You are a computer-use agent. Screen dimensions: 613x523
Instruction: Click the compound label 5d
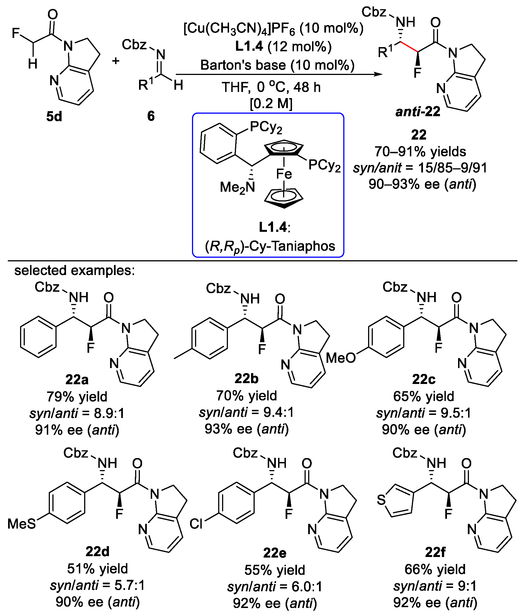tap(54, 116)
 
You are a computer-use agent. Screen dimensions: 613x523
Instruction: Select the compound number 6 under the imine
tap(151, 116)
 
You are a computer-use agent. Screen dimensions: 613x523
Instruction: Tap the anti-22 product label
tap(418, 112)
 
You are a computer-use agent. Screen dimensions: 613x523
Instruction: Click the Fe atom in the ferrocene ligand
tap(284, 174)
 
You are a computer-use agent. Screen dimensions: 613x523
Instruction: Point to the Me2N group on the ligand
tap(237, 187)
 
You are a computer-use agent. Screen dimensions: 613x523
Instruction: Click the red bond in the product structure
tap(409, 48)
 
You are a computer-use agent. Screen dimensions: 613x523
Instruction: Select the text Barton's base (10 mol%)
tap(278, 65)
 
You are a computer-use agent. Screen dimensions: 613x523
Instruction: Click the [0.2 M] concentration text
tap(271, 104)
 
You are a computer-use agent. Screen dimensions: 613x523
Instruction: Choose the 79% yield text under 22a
tap(77, 396)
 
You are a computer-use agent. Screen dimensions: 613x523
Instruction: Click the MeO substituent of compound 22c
tap(341, 358)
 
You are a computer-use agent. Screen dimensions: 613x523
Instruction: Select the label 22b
tap(246, 378)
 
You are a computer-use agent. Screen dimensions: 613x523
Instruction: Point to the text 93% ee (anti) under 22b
tap(246, 429)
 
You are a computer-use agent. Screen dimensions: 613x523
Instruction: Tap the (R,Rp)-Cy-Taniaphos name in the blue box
tap(270, 246)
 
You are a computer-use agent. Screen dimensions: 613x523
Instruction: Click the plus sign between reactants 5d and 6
tap(116, 61)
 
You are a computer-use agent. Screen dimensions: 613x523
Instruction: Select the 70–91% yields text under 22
tap(420, 152)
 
